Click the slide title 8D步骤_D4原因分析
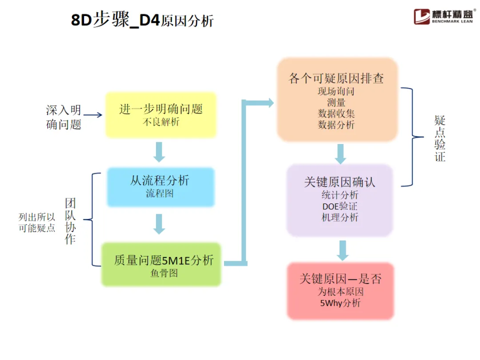point(142,20)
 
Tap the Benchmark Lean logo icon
point(422,17)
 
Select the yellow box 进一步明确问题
point(160,115)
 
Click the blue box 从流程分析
point(160,187)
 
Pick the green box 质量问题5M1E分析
point(161,264)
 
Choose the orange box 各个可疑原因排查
point(336,100)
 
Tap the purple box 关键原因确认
point(340,200)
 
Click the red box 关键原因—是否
point(340,291)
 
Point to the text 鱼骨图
point(164,273)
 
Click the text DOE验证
point(340,206)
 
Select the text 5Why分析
point(340,303)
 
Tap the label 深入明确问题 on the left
point(64,117)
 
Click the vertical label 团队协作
point(70,221)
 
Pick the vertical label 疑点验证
point(440,138)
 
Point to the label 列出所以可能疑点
point(37,223)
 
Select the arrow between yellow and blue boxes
point(159,152)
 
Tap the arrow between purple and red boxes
point(342,250)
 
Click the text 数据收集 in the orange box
point(336,113)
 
